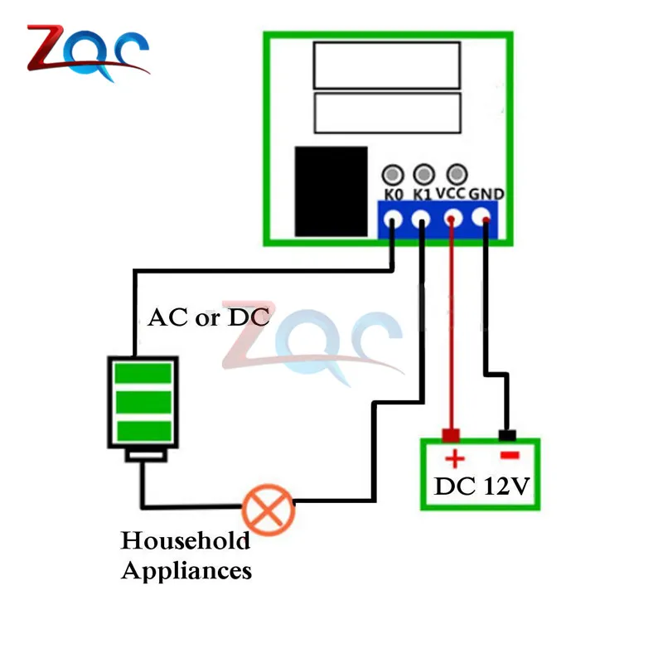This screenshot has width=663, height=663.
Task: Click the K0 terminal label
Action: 393,196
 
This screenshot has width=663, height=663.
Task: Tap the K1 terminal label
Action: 423,196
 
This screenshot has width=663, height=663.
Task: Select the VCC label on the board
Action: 452,194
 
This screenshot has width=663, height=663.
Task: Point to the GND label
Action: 486,194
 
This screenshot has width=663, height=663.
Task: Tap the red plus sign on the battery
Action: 454,459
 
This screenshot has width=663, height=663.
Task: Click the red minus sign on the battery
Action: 508,456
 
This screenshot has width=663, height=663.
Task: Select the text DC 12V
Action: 481,486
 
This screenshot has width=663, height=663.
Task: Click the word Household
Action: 185,541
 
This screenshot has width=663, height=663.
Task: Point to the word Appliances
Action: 186,570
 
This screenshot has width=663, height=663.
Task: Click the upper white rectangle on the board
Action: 386,65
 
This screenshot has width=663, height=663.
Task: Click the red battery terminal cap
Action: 452,435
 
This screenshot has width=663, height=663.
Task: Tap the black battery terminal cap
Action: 507,435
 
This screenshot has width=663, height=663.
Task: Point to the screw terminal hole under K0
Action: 392,220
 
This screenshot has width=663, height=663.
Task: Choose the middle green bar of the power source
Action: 143,401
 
